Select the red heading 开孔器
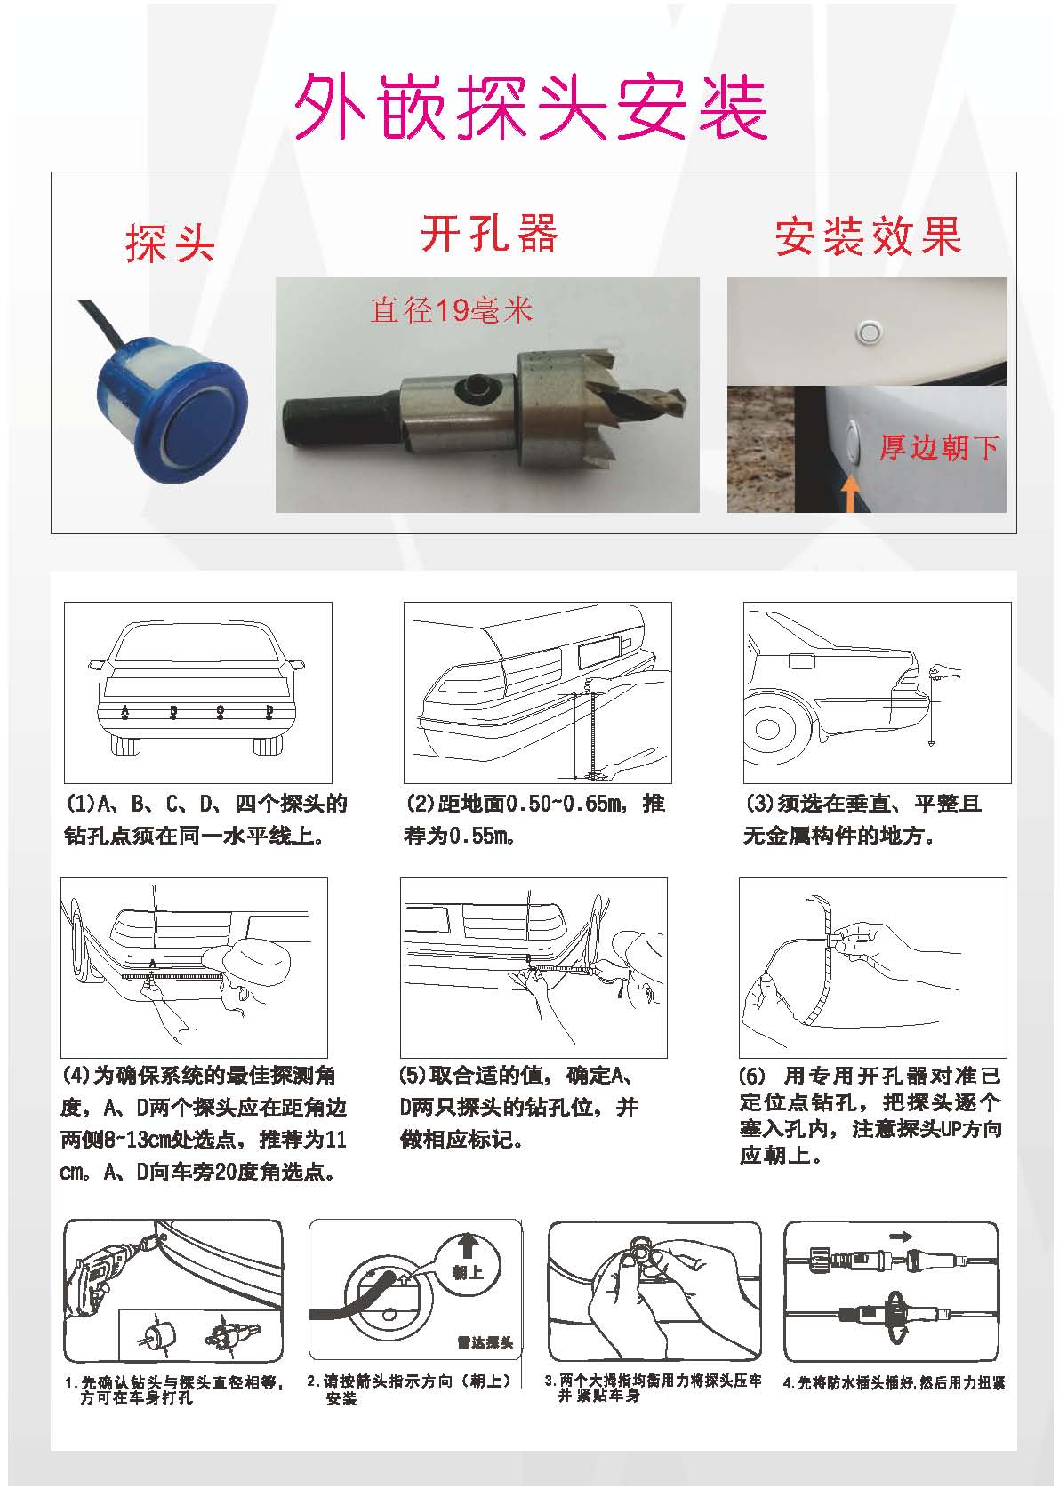[488, 235]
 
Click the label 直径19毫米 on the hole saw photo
[451, 309]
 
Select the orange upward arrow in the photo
[851, 493]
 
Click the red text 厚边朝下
[939, 447]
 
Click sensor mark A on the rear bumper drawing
[125, 711]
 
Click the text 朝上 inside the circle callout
[468, 1272]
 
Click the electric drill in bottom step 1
[99, 1281]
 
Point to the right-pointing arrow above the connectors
[900, 1236]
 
